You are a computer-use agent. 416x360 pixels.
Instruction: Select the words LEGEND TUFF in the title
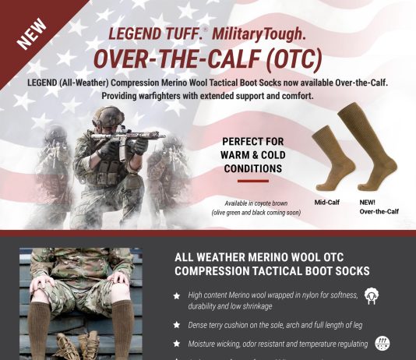pos(149,36)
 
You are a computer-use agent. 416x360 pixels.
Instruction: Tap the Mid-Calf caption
pos(327,203)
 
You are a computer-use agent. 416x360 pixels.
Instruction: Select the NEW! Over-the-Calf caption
pos(375,206)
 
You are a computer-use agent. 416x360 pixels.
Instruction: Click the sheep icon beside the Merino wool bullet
pos(372,295)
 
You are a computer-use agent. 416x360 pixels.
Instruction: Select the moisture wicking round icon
pos(383,343)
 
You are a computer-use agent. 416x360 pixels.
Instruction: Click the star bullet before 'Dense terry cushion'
pos(177,323)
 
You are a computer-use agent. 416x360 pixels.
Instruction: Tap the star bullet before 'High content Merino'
pos(177,295)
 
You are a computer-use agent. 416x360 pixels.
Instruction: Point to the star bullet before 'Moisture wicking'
pos(177,344)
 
